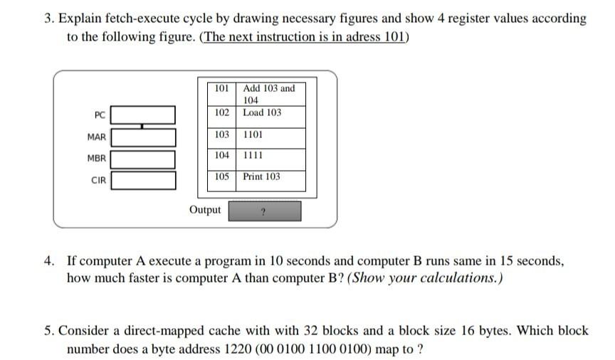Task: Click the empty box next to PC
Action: tap(143, 115)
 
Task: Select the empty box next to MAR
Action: tap(143, 137)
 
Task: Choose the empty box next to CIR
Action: tap(143, 180)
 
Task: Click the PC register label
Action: tap(100, 115)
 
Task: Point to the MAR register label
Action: tap(97, 137)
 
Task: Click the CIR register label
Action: tap(98, 181)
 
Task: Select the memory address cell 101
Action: tap(221, 89)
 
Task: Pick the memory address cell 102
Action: tap(221, 112)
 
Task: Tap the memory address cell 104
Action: tap(221, 155)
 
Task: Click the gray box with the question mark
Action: tap(264, 211)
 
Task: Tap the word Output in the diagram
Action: tap(205, 210)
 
